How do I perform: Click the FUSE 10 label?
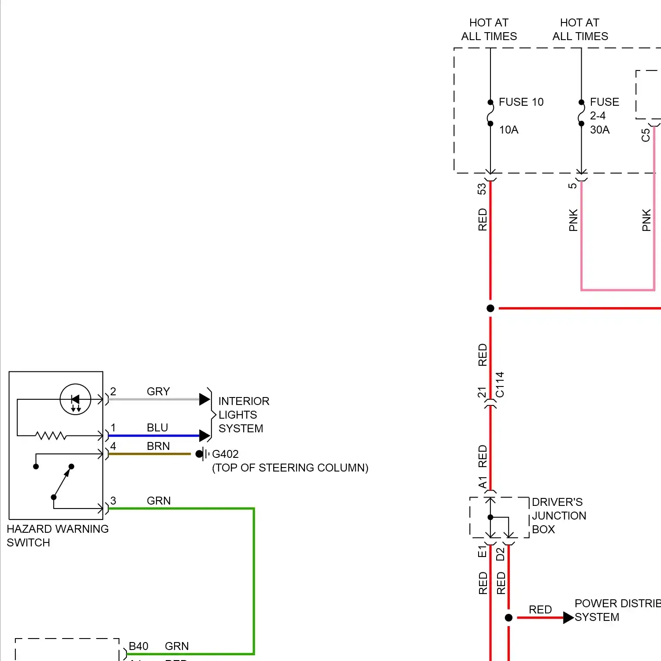pyautogui.click(x=521, y=102)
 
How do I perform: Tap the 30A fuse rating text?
pyautogui.click(x=600, y=130)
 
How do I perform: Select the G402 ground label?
pyautogui.click(x=225, y=454)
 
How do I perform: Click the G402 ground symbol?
pyautogui.click(x=202, y=454)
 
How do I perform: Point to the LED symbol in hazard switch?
pyautogui.click(x=75, y=400)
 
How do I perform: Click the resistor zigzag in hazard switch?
pyautogui.click(x=51, y=436)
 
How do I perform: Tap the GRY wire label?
pyautogui.click(x=158, y=391)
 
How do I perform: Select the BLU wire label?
pyautogui.click(x=157, y=428)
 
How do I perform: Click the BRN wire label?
pyautogui.click(x=158, y=446)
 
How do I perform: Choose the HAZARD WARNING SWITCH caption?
pyautogui.click(x=57, y=535)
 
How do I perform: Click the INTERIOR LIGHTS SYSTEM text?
pyautogui.click(x=243, y=415)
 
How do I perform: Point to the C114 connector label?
pyautogui.click(x=500, y=385)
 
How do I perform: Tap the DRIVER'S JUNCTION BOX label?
pyautogui.click(x=558, y=516)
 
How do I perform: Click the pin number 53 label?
pyautogui.click(x=482, y=189)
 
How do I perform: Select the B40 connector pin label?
pyautogui.click(x=138, y=646)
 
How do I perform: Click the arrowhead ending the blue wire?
pyautogui.click(x=204, y=436)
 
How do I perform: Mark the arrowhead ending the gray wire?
pyautogui.click(x=204, y=399)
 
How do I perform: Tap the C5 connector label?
pyautogui.click(x=646, y=135)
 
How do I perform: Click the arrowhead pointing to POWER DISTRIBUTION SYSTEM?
pyautogui.click(x=568, y=618)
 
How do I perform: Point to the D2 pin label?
pyautogui.click(x=501, y=554)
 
